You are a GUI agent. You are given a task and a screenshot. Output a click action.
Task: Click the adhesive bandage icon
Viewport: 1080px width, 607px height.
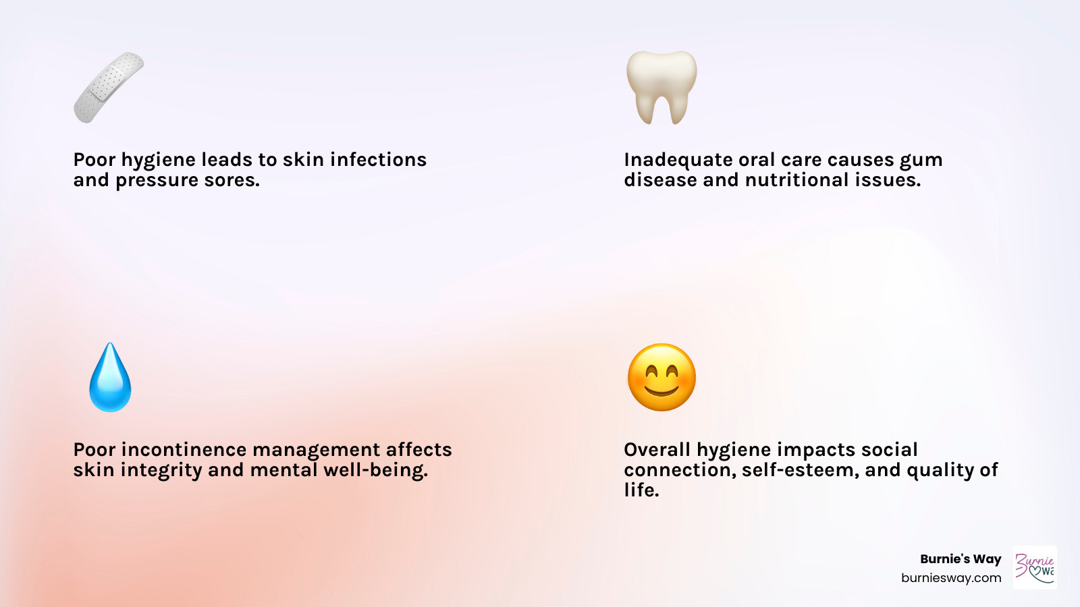pos(109,88)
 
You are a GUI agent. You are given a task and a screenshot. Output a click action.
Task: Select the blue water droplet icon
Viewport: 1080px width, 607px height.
pos(110,378)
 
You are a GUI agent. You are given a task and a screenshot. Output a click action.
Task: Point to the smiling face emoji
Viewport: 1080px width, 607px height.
pos(661,378)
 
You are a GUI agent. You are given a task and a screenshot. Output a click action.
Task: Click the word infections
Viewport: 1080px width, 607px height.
pos(378,160)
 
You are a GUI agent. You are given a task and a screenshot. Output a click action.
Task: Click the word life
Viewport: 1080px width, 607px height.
pos(641,490)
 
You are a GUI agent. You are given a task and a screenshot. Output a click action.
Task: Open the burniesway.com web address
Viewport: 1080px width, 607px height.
pos(951,578)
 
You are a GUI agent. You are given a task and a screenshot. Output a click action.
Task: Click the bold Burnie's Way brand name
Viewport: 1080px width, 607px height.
pos(961,559)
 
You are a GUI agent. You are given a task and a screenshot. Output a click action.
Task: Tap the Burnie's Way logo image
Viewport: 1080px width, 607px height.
pos(1035,568)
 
